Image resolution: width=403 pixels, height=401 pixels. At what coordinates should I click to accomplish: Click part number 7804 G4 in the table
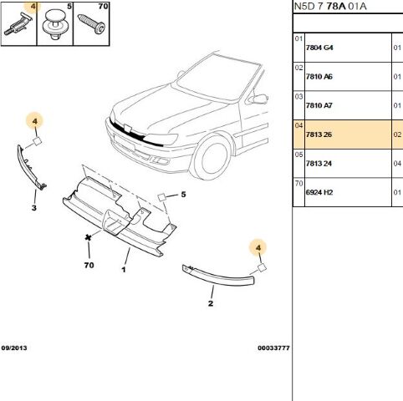tap(319, 48)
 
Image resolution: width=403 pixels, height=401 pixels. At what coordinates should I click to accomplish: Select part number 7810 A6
tap(319, 77)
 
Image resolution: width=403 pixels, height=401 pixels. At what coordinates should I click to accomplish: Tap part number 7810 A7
tap(319, 105)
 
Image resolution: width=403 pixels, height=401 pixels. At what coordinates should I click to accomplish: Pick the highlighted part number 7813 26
tap(319, 135)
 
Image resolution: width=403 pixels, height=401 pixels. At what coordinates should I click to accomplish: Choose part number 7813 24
tap(319, 164)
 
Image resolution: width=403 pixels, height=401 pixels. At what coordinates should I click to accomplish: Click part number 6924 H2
tap(319, 192)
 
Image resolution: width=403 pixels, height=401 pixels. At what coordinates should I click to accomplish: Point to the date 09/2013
tap(14, 348)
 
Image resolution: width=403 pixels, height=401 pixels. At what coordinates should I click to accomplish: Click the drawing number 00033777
tap(273, 348)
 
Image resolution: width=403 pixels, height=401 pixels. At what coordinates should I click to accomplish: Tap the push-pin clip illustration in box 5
tap(54, 24)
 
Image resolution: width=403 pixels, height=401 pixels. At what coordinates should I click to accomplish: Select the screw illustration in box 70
tap(91, 23)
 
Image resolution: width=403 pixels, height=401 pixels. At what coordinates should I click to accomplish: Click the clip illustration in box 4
tap(18, 26)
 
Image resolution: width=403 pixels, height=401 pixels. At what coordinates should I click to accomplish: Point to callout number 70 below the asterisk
tap(89, 265)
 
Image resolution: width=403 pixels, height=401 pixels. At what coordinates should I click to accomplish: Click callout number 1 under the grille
tap(124, 270)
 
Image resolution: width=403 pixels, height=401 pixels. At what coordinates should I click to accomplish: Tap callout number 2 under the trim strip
tap(211, 303)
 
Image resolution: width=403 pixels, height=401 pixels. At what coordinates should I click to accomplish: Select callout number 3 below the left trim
tap(34, 208)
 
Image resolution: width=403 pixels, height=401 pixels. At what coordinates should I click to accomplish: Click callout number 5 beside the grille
tap(183, 195)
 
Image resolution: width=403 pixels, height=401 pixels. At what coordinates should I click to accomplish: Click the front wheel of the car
tap(211, 158)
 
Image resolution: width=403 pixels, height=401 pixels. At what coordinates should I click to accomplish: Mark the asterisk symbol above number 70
tap(89, 237)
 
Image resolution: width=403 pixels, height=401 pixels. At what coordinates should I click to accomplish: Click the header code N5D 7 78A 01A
tap(330, 7)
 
